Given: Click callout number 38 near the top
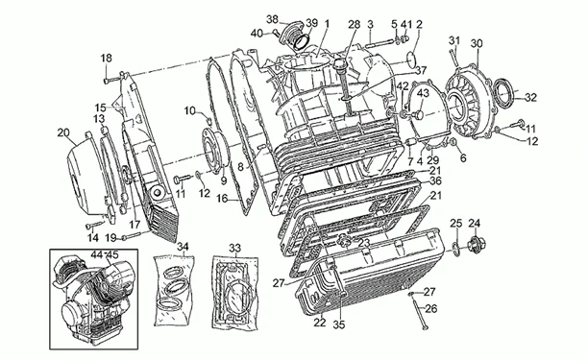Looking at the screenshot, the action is coord(273,19).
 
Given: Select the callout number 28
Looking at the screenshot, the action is coord(354,25).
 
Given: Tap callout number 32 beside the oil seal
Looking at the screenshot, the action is coord(531,98).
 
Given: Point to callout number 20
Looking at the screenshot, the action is coord(63,132).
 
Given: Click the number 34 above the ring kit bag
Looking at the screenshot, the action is coord(183,247).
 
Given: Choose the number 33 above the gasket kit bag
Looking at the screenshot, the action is coord(235,248).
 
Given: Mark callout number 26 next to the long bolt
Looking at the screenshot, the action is coord(431,309).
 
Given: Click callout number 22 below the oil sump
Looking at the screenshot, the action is coord(320,323).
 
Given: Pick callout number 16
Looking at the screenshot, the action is coord(222,198).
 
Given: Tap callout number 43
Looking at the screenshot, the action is coord(423,93).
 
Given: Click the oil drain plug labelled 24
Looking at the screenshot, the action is coord(476,245).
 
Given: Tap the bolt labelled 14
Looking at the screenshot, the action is coord(95,226).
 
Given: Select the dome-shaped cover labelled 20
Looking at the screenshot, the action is coord(85,176).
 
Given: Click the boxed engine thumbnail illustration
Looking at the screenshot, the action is coord(94,300).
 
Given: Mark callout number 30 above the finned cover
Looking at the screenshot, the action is coord(477,44).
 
